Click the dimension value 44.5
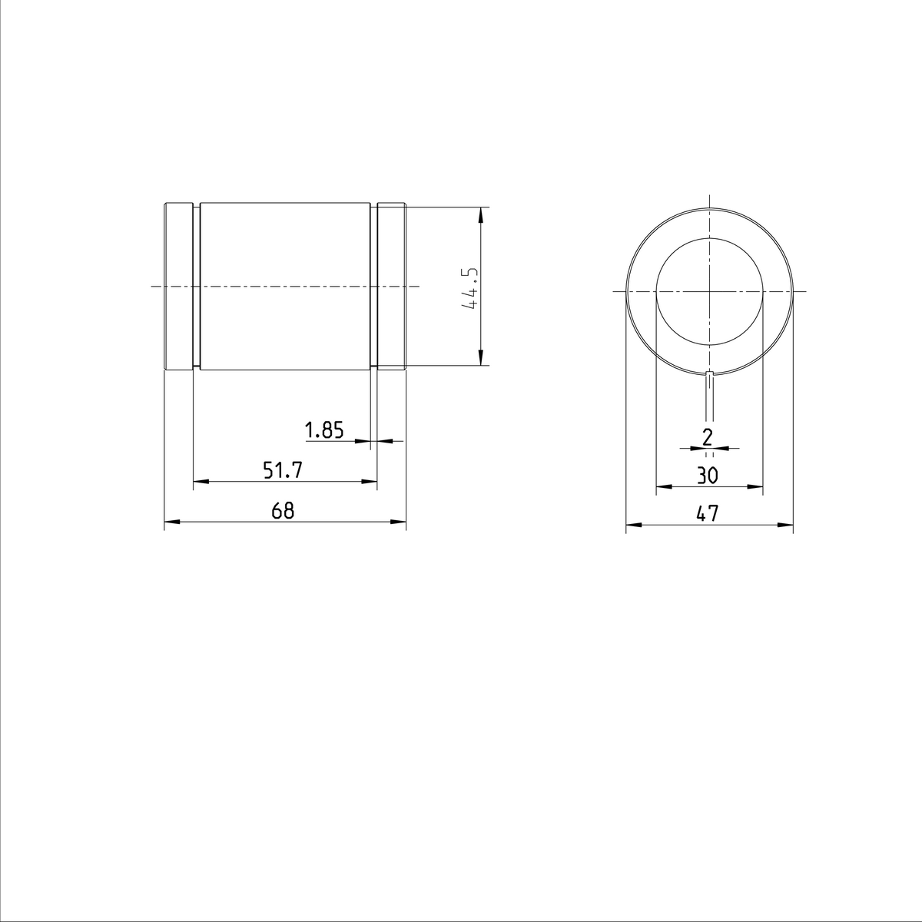pyautogui.click(x=470, y=288)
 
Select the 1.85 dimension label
pyautogui.click(x=323, y=431)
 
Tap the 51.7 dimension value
pyautogui.click(x=282, y=471)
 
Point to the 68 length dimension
pyautogui.click(x=283, y=511)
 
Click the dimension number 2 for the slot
pyautogui.click(x=708, y=437)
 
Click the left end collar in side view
pyautogui.click(x=178, y=287)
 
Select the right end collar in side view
pyautogui.click(x=391, y=287)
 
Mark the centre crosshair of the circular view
pyautogui.click(x=710, y=291)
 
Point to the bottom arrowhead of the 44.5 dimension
pyautogui.click(x=480, y=359)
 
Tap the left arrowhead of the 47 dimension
pyautogui.click(x=634, y=526)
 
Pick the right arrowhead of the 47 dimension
pyautogui.click(x=785, y=526)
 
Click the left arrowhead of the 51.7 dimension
pyautogui.click(x=200, y=482)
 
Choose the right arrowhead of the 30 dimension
pyautogui.click(x=756, y=486)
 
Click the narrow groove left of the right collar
pyautogui.click(x=374, y=287)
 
